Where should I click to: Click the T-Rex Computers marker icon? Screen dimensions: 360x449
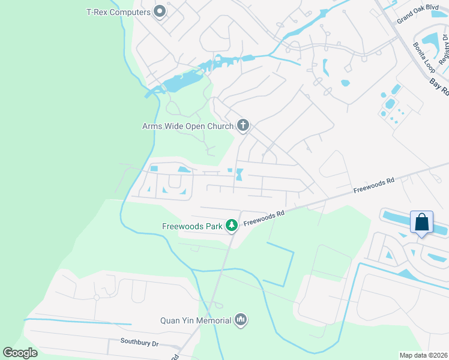click(160, 11)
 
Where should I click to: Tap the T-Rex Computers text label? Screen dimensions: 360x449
click(119, 11)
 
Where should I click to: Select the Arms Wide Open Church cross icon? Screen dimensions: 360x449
click(243, 125)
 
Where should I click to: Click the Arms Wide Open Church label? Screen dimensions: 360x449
click(187, 126)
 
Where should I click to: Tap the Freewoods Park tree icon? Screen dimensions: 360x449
click(231, 226)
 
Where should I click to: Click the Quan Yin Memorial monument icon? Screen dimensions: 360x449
click(241, 320)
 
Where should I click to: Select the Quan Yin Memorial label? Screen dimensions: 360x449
click(196, 320)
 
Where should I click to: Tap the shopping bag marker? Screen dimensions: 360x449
click(422, 222)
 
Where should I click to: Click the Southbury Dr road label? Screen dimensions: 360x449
click(139, 343)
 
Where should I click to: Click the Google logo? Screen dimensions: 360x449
click(20, 352)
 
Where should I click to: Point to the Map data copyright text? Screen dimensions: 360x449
click(423, 355)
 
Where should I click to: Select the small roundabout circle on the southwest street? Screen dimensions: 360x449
click(96, 297)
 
